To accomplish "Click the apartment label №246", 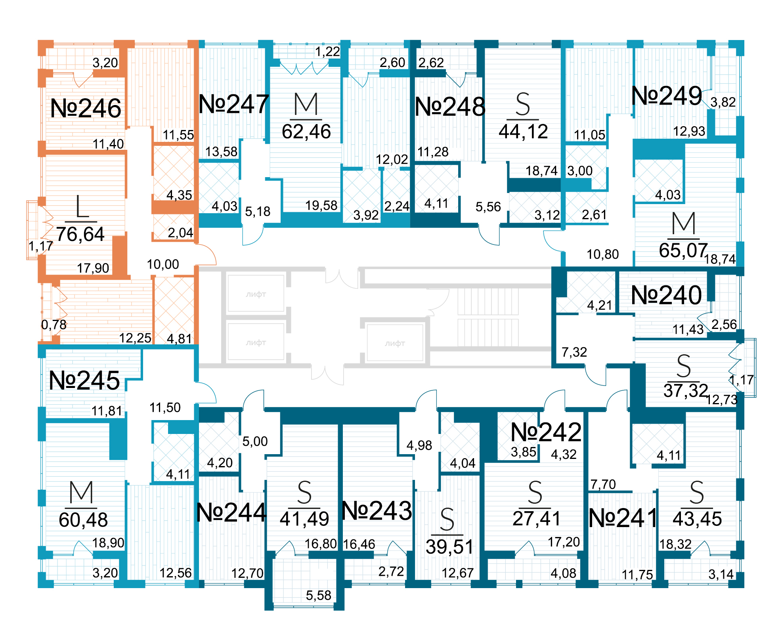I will pyautogui.click(x=86, y=108).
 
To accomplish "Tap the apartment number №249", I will pyautogui.click(x=667, y=96).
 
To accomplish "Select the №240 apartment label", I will pyautogui.click(x=666, y=295).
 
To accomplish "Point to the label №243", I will pyautogui.click(x=377, y=511).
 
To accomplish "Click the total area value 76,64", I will pyautogui.click(x=80, y=234).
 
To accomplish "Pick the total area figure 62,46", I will pyautogui.click(x=306, y=132).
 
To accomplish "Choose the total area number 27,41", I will pyautogui.click(x=536, y=518).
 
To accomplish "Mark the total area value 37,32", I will pyautogui.click(x=686, y=391).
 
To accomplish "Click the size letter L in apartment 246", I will pyautogui.click(x=82, y=206).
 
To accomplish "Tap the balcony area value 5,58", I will pyautogui.click(x=318, y=595).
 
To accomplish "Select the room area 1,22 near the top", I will pyautogui.click(x=327, y=52).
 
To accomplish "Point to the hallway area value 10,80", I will pyautogui.click(x=602, y=254).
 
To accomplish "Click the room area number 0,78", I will pyautogui.click(x=54, y=325).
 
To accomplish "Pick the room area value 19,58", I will pyautogui.click(x=321, y=205).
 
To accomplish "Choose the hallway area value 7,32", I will pyautogui.click(x=574, y=352).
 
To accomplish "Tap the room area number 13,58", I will pyautogui.click(x=221, y=151).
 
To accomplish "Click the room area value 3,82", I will pyautogui.click(x=723, y=102).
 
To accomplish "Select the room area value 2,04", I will pyautogui.click(x=180, y=233).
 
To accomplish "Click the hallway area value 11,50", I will pyautogui.click(x=165, y=407).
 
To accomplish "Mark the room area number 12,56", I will pyautogui.click(x=175, y=573).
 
